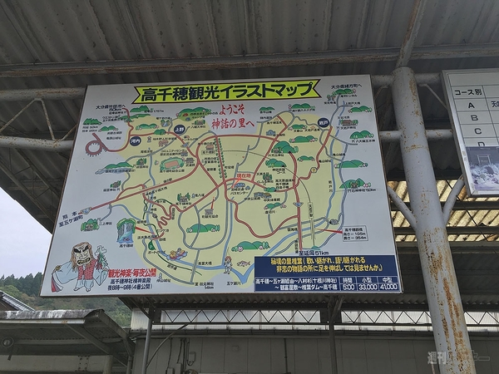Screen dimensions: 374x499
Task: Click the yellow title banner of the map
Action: click(225, 91)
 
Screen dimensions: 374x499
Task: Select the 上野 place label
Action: click(180, 130)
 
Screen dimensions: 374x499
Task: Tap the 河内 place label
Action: click(136, 142)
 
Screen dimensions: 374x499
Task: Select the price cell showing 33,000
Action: click(368, 287)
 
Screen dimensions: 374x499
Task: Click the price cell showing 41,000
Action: click(388, 287)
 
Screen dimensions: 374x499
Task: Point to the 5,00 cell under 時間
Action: click(348, 287)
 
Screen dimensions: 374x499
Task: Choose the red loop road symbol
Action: click(93, 147)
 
